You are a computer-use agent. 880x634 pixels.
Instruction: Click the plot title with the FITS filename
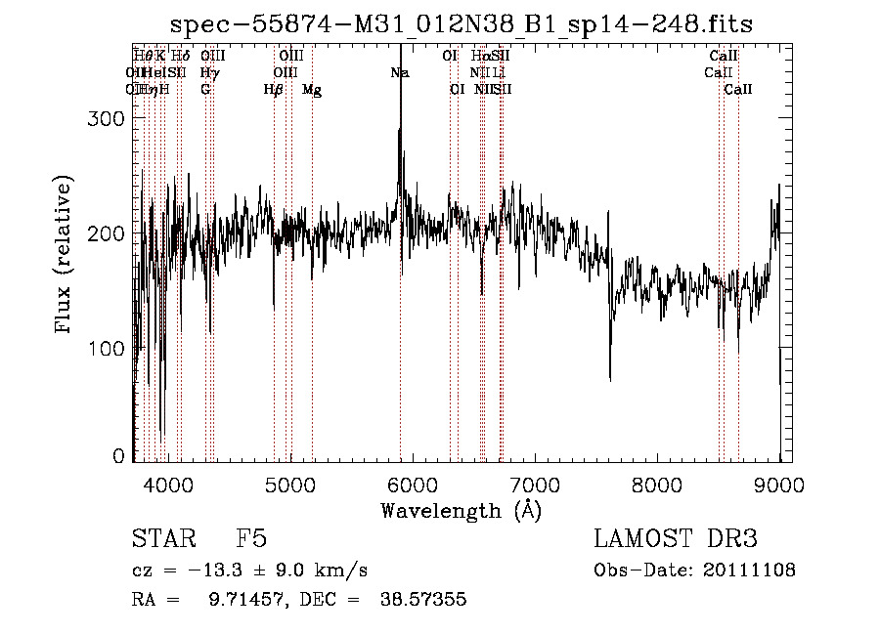click(x=462, y=23)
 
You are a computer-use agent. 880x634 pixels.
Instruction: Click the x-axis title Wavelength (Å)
click(x=461, y=510)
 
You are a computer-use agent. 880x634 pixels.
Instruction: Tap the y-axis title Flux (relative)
click(x=65, y=256)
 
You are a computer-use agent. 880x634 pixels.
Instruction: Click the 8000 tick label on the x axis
click(x=657, y=485)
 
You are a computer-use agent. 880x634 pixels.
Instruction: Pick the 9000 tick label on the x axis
click(x=779, y=485)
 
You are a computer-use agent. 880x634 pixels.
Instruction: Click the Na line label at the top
click(x=399, y=72)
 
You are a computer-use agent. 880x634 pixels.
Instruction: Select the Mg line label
click(x=312, y=90)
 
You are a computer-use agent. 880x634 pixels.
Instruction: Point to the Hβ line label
click(x=274, y=90)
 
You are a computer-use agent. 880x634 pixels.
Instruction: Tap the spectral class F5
click(x=251, y=540)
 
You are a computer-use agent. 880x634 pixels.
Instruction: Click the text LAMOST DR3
click(x=675, y=540)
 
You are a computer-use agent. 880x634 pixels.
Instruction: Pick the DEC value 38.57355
click(x=422, y=600)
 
